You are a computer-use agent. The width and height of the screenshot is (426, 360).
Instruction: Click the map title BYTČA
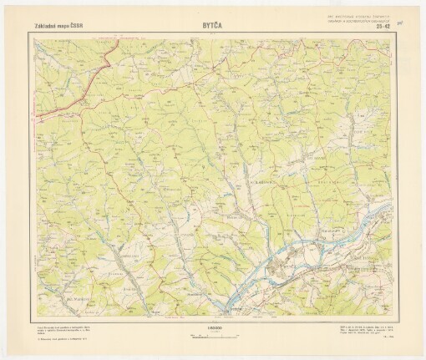point(212,25)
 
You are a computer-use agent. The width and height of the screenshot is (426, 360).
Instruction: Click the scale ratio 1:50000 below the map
point(212,327)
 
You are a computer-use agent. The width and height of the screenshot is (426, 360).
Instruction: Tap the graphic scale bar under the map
point(212,333)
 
